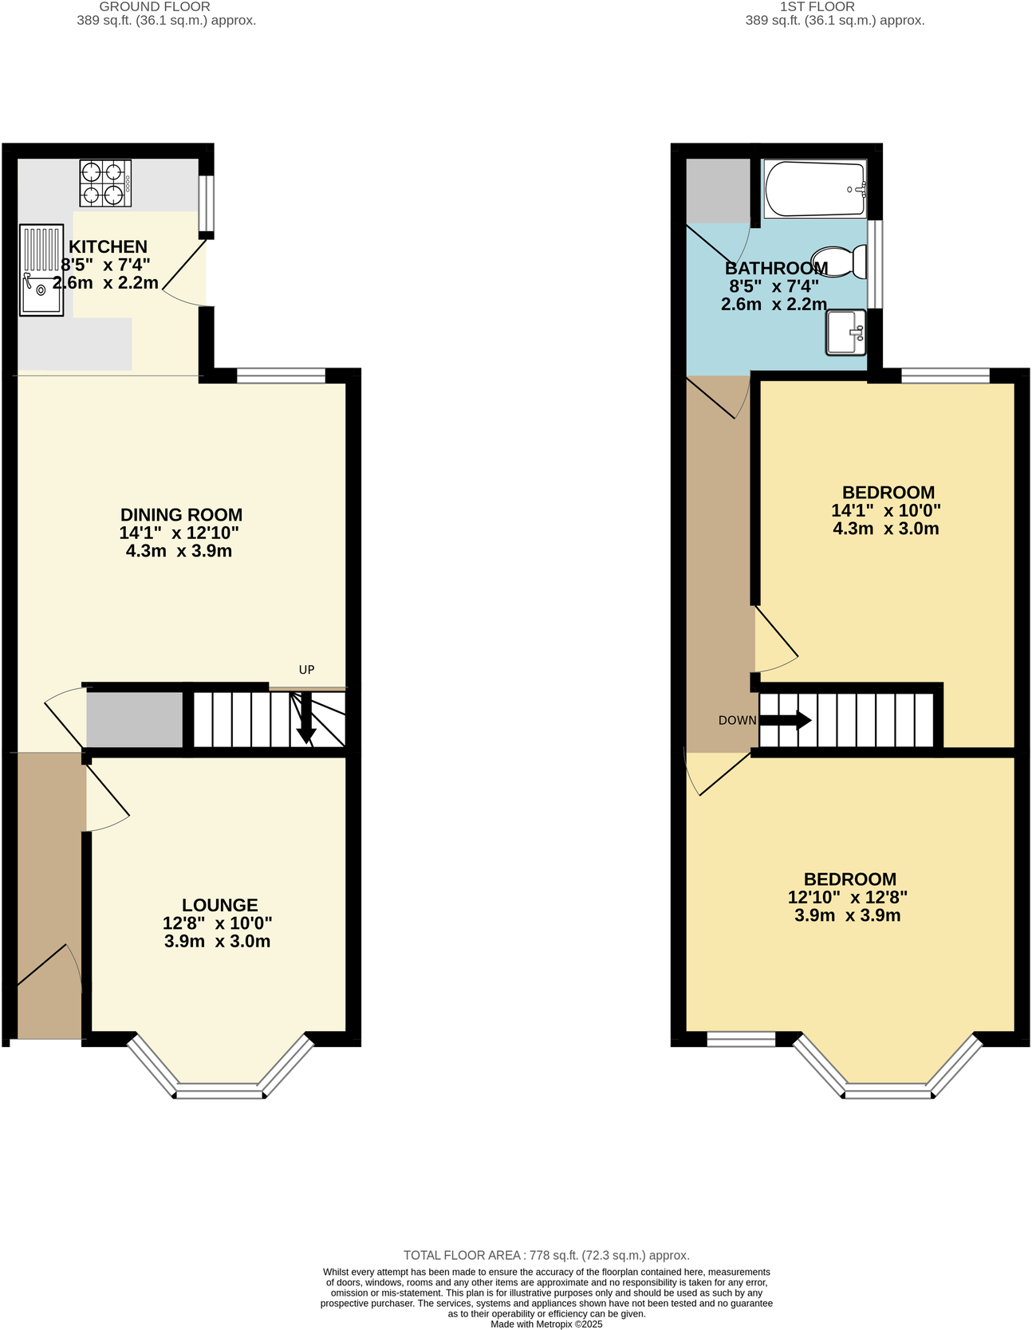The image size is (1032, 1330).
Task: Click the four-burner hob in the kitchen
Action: pyautogui.click(x=105, y=183)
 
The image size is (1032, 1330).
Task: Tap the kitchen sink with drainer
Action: pyautogui.click(x=41, y=270)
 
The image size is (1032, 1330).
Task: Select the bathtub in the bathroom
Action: pyautogui.click(x=814, y=189)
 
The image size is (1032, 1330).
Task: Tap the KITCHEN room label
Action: pyautogui.click(x=108, y=247)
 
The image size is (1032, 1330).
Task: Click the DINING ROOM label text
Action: pyautogui.click(x=181, y=515)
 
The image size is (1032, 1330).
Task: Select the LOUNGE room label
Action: pyautogui.click(x=219, y=905)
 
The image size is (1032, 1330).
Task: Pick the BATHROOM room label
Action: pyautogui.click(x=775, y=268)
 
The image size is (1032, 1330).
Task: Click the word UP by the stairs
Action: pyautogui.click(x=306, y=670)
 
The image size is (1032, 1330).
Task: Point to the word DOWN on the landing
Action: pyautogui.click(x=737, y=721)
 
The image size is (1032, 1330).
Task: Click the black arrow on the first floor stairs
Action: pyautogui.click(x=786, y=721)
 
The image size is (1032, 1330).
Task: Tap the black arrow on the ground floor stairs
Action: pyautogui.click(x=305, y=720)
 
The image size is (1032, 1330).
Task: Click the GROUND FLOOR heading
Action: pyautogui.click(x=155, y=7)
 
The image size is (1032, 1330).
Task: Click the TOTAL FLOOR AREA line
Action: pyautogui.click(x=546, y=1255)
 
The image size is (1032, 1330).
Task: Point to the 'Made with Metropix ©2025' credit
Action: pyautogui.click(x=546, y=1324)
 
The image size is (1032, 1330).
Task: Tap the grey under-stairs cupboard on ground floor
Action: pyautogui.click(x=134, y=720)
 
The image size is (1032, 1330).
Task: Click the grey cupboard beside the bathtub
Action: pyautogui.click(x=718, y=191)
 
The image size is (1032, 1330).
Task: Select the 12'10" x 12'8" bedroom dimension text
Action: pyautogui.click(x=847, y=897)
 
